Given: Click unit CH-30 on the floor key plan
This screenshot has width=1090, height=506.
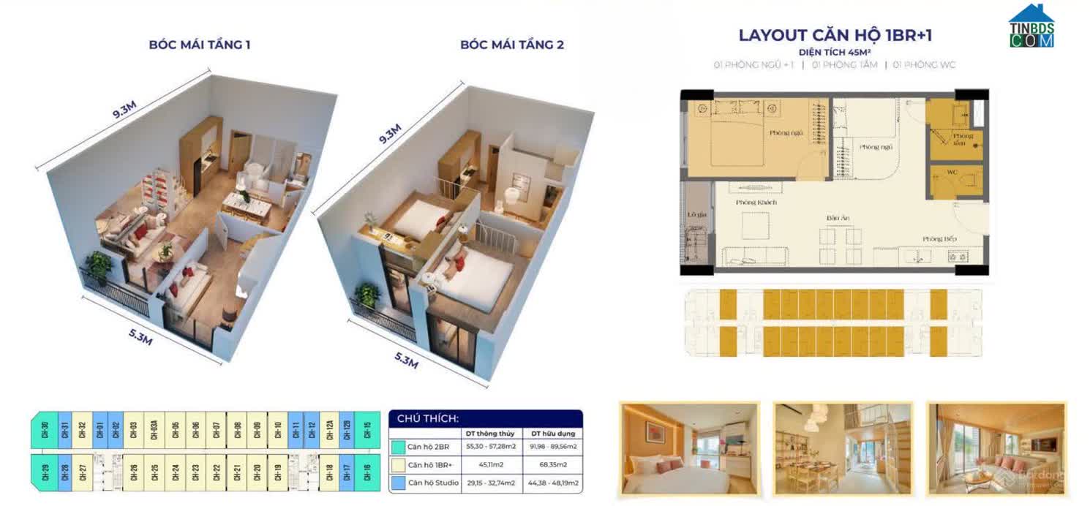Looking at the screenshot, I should (45, 429).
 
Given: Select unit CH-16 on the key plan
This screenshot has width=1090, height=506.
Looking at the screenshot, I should (367, 472).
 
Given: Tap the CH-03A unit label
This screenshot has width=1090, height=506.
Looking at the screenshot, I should (154, 429).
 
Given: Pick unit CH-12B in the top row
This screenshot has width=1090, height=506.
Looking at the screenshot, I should (346, 429).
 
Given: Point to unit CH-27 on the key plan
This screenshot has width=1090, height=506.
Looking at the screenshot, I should (82, 472).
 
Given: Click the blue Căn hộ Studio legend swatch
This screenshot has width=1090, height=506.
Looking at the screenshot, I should (398, 483).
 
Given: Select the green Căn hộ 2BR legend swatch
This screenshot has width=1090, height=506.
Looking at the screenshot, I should (398, 446).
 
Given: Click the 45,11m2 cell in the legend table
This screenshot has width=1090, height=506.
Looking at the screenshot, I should (492, 464).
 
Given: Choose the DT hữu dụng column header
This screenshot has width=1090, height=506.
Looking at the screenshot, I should (552, 434).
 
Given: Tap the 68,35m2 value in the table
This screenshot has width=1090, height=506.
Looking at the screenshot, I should (552, 464).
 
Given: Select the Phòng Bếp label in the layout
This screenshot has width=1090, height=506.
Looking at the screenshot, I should (939, 239).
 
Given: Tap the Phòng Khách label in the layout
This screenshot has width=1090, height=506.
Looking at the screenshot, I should (756, 202).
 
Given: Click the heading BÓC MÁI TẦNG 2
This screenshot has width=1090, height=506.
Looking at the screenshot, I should (512, 45).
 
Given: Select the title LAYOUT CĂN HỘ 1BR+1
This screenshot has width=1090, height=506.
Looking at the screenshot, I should (835, 35).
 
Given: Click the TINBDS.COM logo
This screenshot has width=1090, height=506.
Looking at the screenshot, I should (1031, 27).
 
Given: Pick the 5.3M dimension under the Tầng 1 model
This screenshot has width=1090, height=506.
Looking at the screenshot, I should (140, 337).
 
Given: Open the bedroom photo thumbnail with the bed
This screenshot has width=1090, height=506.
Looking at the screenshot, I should (688, 449).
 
